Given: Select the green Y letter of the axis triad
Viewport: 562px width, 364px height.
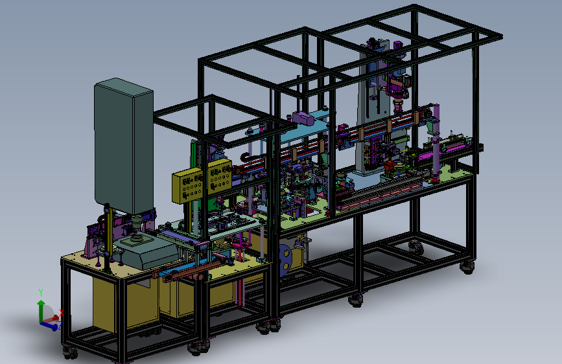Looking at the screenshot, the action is click(41, 292).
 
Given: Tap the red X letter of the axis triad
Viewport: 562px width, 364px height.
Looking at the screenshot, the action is click(62, 313).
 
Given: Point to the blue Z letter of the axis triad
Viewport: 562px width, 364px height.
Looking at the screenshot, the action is click(60, 325).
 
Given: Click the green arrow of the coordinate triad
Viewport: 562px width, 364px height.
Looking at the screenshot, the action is click(41, 311).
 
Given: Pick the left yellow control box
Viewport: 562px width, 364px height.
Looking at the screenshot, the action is click(188, 186).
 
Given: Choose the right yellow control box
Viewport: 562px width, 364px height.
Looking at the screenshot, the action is click(219, 177).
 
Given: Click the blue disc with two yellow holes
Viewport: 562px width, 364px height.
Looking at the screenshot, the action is click(286, 260).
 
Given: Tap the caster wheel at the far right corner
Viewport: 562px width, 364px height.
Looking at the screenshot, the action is click(467, 267).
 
